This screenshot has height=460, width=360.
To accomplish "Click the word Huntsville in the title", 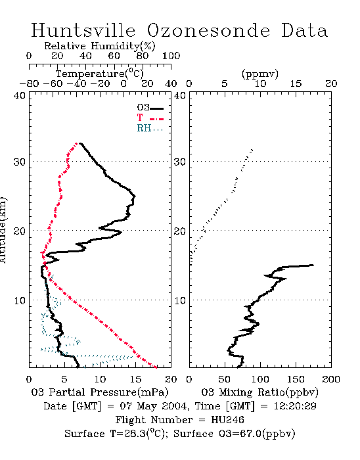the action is coord(83,30).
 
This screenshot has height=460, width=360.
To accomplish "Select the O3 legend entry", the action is coord(150,108).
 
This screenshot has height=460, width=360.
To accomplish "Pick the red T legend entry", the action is coord(150,118).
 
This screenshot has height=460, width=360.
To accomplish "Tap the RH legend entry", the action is coord(150,129).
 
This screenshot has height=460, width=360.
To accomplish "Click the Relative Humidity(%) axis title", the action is coord(99,46).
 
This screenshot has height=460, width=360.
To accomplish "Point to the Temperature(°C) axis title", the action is coord(100,74).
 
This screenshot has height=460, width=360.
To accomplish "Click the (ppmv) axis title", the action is coord(260,74).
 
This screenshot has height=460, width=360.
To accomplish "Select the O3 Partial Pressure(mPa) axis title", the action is coord(100,392).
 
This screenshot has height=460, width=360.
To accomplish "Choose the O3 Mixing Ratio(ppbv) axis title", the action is coord(259,392).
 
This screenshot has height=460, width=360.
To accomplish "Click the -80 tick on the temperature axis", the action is coord(29,84).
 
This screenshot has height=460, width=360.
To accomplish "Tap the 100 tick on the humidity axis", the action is coord(171,56).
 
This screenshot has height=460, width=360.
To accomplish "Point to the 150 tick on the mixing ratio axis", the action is coord(296,379).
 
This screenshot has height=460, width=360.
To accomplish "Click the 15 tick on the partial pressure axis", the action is coord(135,379).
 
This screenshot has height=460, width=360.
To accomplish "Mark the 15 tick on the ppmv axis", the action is coord(296,84).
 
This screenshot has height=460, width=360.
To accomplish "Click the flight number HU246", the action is coord(227,420).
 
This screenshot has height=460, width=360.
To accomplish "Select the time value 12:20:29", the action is coord(295,406).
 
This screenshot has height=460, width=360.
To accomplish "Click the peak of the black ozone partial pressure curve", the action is coord(135,196).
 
